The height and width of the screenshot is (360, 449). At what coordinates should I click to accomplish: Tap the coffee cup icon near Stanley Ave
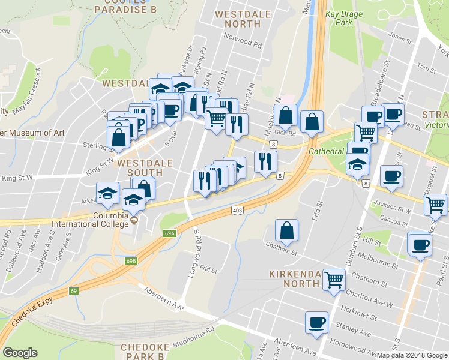(x=316, y=323)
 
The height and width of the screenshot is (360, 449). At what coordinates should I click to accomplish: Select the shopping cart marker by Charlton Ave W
(x=334, y=279)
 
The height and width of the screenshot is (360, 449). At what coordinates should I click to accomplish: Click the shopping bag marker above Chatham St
(x=287, y=230)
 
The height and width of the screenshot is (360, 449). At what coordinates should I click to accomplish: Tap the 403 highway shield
(x=237, y=211)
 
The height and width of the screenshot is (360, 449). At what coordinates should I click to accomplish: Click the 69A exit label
(x=169, y=233)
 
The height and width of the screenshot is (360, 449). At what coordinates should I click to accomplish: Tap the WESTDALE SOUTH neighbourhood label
(x=145, y=168)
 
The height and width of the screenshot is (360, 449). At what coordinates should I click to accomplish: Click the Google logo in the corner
(x=20, y=353)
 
